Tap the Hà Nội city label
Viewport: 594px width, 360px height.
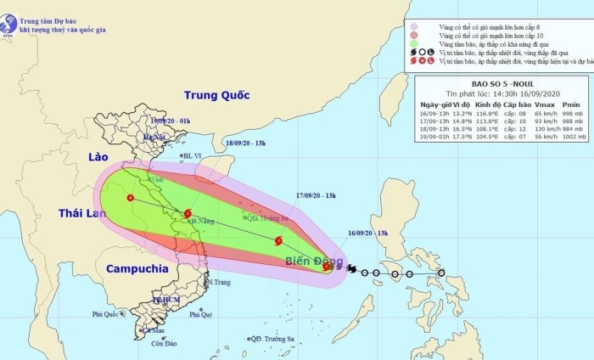(154, 138)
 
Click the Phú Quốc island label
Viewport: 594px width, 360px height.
(108, 314)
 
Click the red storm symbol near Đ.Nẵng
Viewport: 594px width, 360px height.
(188, 213)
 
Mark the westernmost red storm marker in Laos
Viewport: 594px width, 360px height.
(129, 198)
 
